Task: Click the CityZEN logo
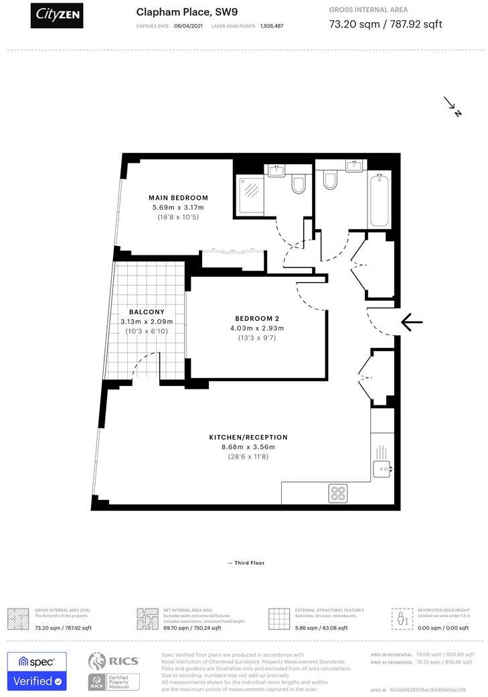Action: coord(57,15)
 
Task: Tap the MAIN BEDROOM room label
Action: coord(178,198)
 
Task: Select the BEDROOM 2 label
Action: coord(257,318)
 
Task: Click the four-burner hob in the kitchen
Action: coord(337,494)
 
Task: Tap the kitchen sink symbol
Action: coord(382,468)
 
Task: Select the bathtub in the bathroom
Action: coord(380,200)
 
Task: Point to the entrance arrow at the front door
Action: coord(411,323)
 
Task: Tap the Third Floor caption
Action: coord(246,563)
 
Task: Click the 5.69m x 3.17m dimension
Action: coord(178,208)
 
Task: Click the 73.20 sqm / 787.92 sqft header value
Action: coord(386,24)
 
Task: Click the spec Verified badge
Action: coord(37,671)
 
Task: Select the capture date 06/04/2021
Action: coord(188,25)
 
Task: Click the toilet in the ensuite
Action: coord(299,184)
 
